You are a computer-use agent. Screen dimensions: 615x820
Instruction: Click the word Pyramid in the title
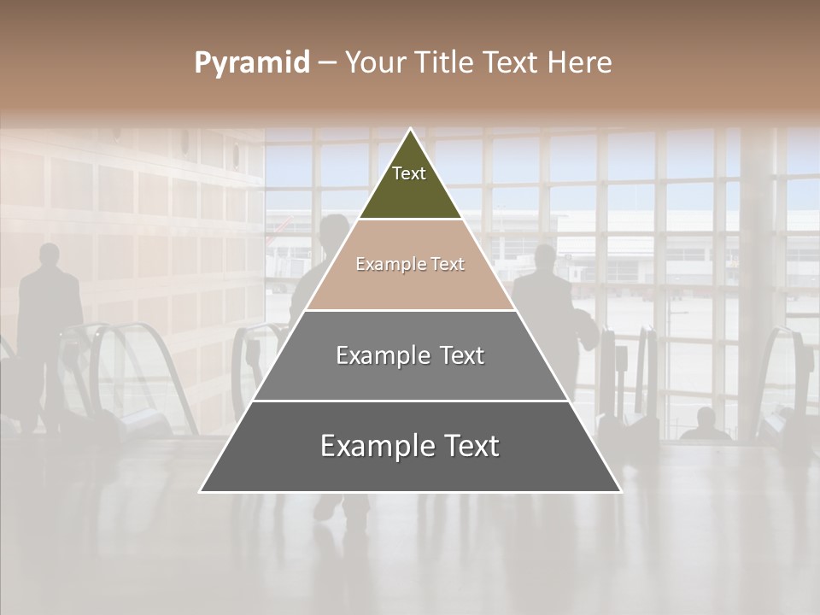point(251,63)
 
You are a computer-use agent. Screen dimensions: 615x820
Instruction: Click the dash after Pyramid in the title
point(327,63)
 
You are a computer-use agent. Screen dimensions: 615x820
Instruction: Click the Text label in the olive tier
point(409,173)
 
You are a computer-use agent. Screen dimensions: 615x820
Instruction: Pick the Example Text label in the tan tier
point(410,264)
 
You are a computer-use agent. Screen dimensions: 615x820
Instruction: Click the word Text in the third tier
point(456,355)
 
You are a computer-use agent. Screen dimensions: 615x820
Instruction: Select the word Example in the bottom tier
point(369,446)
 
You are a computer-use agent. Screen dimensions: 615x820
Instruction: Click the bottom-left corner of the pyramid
point(201,491)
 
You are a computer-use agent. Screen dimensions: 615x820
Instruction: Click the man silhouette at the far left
point(50,325)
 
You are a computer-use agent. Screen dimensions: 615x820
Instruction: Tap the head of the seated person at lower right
point(706,418)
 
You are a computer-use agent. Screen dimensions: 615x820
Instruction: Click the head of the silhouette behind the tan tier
point(334,231)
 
